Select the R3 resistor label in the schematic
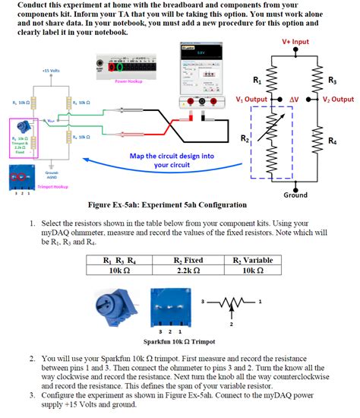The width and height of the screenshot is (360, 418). tap(332, 81)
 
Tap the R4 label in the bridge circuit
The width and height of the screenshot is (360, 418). tap(332, 141)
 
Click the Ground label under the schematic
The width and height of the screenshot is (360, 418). tap(295, 195)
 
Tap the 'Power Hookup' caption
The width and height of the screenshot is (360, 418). tap(128, 80)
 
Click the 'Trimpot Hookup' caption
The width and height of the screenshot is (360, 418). tap(53, 186)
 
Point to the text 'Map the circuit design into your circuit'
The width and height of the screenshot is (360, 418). tap(172, 160)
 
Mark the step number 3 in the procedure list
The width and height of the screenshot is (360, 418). tap(33, 395)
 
